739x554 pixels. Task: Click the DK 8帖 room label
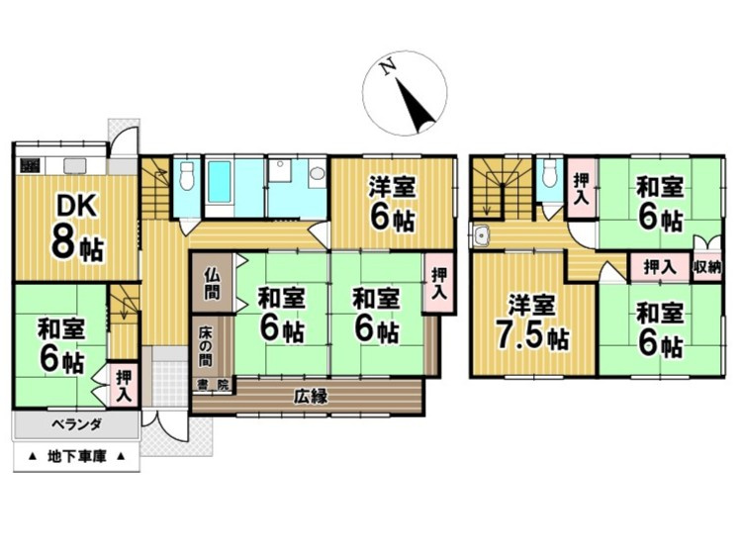pyautogui.click(x=78, y=228)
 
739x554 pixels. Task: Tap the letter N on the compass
pyautogui.click(x=389, y=68)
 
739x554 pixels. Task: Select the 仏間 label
pyautogui.click(x=212, y=283)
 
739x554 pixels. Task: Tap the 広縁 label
pyautogui.click(x=310, y=397)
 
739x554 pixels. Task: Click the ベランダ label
pyautogui.click(x=76, y=424)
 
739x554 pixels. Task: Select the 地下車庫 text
pyautogui.click(x=77, y=456)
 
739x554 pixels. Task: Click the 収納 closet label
pyautogui.click(x=707, y=267)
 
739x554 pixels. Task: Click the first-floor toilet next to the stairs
pyautogui.click(x=188, y=175)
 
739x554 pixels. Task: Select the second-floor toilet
pyautogui.click(x=549, y=173)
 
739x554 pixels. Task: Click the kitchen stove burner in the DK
pyautogui.click(x=30, y=165)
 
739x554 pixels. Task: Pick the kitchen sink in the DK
pyautogui.click(x=75, y=165)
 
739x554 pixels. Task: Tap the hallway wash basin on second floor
pyautogui.click(x=482, y=234)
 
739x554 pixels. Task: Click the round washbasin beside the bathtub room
pyautogui.click(x=318, y=173)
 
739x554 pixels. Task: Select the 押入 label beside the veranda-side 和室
pyautogui.click(x=125, y=386)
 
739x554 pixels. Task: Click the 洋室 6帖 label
pyautogui.click(x=392, y=203)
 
